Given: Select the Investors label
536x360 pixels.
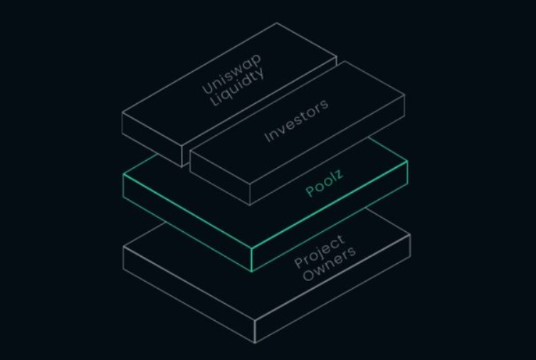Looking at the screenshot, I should pyautogui.click(x=296, y=121).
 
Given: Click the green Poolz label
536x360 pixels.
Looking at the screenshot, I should pyautogui.click(x=324, y=183).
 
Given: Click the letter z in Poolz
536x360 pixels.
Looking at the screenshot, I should pyautogui.click(x=339, y=174).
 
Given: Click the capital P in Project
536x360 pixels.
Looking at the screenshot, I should pyautogui.click(x=300, y=263).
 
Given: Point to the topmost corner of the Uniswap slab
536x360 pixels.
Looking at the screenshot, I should pyautogui.click(x=277, y=23).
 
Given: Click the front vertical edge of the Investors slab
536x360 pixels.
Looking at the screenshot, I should pyautogui.click(x=251, y=192).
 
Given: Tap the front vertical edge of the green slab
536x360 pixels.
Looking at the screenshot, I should pyautogui.click(x=252, y=259).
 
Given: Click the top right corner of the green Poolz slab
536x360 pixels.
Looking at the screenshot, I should pyautogui.click(x=407, y=162).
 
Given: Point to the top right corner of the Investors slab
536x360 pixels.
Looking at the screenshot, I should pyautogui.click(x=404, y=95).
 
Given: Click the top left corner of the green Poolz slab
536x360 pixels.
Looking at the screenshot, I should pyautogui.click(x=123, y=173).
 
